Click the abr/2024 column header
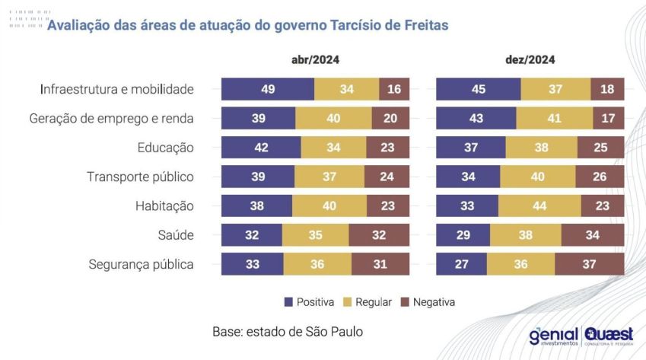click(315, 60)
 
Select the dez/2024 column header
click(530, 60)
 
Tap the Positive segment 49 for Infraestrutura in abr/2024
click(267, 89)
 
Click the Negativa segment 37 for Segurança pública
click(590, 264)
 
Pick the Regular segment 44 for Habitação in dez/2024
click(539, 206)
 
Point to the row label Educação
click(166, 148)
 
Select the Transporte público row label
click(141, 177)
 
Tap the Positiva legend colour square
click(288, 302)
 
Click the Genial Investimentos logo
click(553, 336)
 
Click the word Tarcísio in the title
click(357, 25)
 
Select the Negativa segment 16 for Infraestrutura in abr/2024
click(394, 89)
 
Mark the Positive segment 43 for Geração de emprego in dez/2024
click(476, 119)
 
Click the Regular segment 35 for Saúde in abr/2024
click(316, 235)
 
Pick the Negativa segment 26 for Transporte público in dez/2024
click(600, 177)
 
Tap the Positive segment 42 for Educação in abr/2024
click(261, 148)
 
